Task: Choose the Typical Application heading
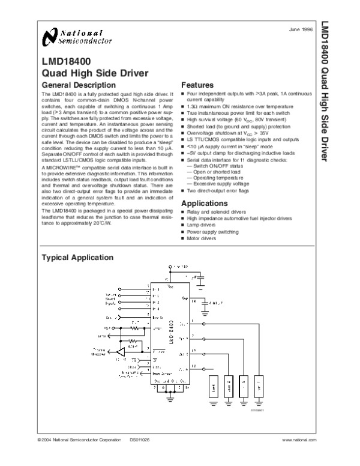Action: coord(76,258)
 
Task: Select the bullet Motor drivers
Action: coord(202,238)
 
